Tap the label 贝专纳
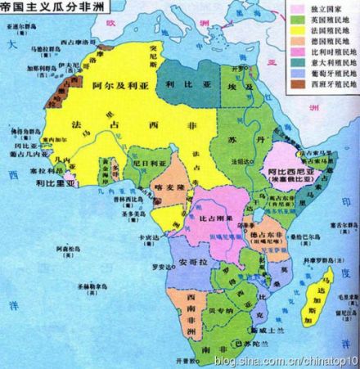tap(218, 312)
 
